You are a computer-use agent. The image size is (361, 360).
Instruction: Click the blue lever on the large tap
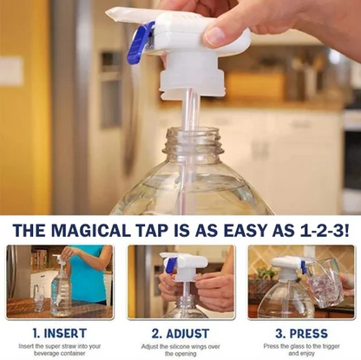pos(140,44)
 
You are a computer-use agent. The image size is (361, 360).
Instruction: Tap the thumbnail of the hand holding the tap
pos(180,281)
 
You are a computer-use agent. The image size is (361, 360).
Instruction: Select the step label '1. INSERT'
pos(59,333)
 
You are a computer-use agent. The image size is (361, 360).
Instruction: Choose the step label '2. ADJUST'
pos(180,333)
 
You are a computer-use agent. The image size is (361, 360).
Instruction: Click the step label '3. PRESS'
pos(301,333)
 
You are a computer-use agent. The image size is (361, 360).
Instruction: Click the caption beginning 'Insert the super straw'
pos(59,350)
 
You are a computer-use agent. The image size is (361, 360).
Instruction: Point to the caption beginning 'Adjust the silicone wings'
pos(180,350)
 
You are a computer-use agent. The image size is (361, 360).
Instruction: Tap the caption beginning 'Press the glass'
pos(301,350)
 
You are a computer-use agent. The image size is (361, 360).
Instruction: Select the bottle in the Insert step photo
pos(61,291)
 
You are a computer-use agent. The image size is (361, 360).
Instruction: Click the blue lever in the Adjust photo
pos(171,265)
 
